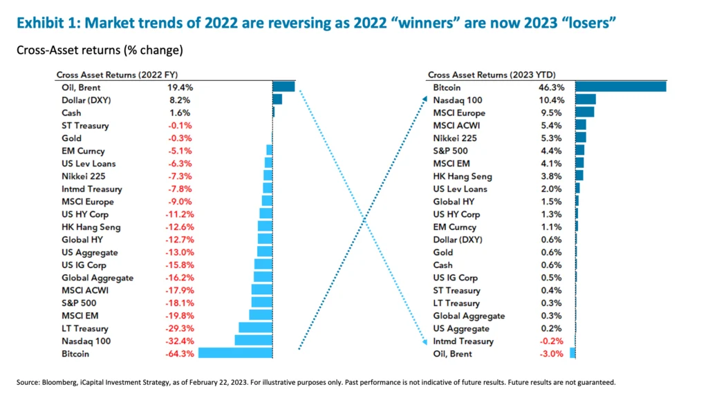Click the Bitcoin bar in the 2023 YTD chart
click(620, 87)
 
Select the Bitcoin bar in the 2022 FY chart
click(235, 353)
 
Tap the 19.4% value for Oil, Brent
click(180, 88)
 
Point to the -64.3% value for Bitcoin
click(179, 354)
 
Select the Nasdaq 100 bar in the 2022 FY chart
click(254, 341)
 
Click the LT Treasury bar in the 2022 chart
click(255, 328)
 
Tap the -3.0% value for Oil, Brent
click(553, 354)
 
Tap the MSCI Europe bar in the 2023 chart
click(584, 113)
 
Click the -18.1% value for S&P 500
click(179, 303)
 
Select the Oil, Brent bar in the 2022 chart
click(283, 87)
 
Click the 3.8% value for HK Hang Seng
click(553, 176)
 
